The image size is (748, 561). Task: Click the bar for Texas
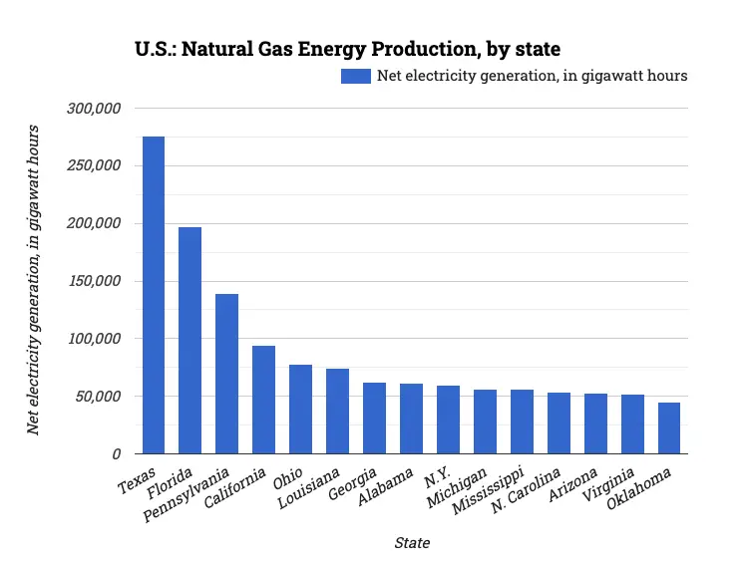pyautogui.click(x=154, y=295)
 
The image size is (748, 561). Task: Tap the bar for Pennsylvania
pyautogui.click(x=227, y=374)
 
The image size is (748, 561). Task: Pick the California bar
pyautogui.click(x=264, y=400)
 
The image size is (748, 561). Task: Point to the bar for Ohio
pyautogui.click(x=300, y=409)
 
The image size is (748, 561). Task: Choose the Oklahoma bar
pyautogui.click(x=669, y=428)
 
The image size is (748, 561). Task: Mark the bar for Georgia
pyautogui.click(x=374, y=418)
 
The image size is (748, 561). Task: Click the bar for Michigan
pyautogui.click(x=485, y=421)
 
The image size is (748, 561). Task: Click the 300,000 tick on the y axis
pyautogui.click(x=95, y=108)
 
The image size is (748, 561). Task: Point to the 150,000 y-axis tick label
pyautogui.click(x=95, y=281)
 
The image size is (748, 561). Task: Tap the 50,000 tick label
pyautogui.click(x=99, y=397)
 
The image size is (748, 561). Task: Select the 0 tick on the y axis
pyautogui.click(x=117, y=454)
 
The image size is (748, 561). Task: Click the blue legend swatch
pyautogui.click(x=355, y=76)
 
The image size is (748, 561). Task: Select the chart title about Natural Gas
pyautogui.click(x=347, y=49)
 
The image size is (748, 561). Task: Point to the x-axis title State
pyautogui.click(x=412, y=543)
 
